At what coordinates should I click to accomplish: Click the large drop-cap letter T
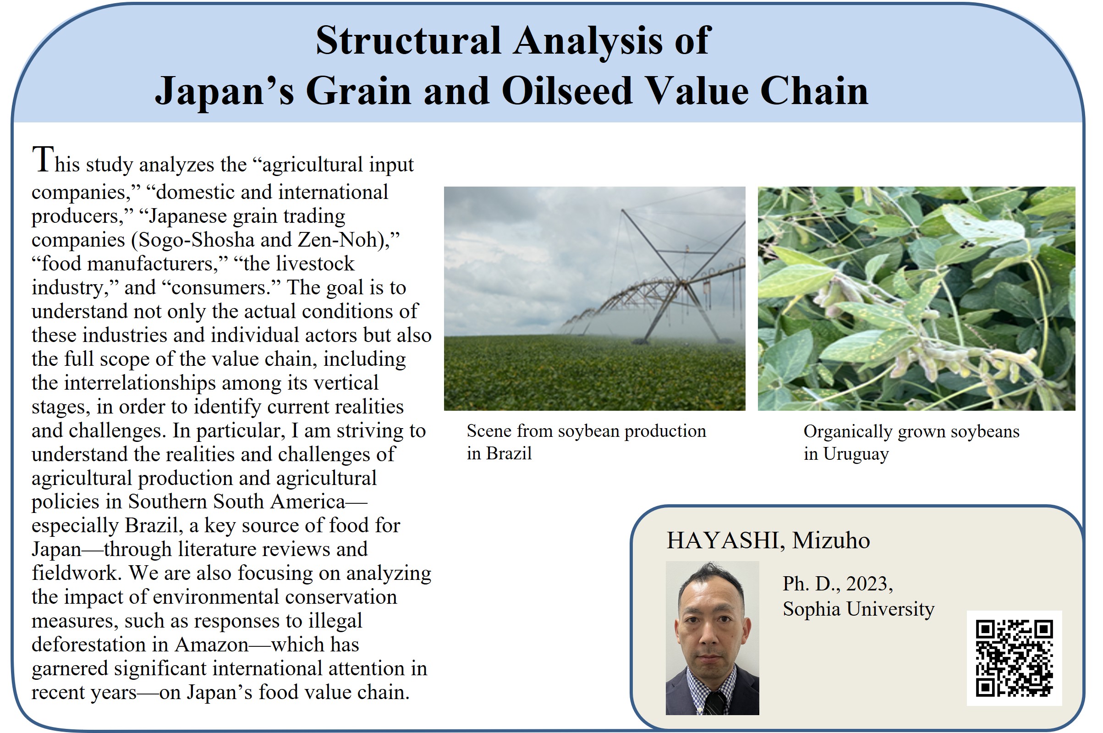(x=43, y=160)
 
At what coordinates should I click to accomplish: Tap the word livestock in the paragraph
(x=315, y=264)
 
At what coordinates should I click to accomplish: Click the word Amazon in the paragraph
(x=212, y=645)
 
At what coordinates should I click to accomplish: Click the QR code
(x=1014, y=658)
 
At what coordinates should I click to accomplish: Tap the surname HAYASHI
(x=722, y=540)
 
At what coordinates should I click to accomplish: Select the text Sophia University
(x=859, y=609)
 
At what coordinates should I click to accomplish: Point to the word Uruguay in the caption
(x=856, y=454)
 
